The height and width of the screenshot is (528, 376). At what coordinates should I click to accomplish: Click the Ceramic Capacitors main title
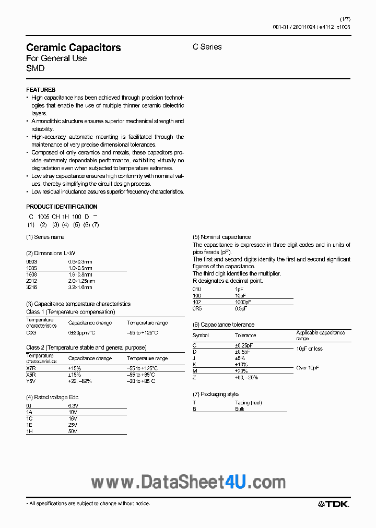(73, 47)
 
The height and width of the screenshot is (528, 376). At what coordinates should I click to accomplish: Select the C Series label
(207, 47)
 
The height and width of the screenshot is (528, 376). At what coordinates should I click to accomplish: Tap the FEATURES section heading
(41, 90)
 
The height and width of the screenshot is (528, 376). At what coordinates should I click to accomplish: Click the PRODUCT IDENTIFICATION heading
(62, 207)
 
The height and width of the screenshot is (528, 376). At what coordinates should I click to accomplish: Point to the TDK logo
(334, 503)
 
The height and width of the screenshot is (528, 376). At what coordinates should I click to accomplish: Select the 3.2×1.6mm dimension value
(80, 287)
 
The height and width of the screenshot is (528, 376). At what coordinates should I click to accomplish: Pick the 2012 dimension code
(31, 281)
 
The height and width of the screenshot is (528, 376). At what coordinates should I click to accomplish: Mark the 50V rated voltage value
(73, 431)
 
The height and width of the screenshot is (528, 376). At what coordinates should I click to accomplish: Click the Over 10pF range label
(308, 368)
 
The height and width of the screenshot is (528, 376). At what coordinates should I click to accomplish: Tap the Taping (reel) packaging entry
(248, 403)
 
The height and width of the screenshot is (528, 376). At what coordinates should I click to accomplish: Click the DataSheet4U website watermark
(188, 483)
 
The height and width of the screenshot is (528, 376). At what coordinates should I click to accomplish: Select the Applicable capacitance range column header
(320, 335)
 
